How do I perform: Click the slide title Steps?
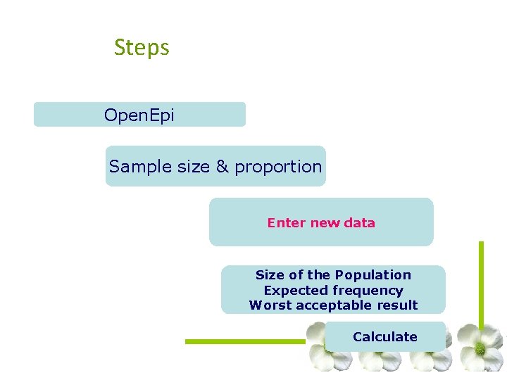(142, 48)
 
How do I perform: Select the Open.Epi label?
(139, 115)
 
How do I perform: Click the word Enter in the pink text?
(287, 223)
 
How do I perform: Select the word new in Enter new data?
(325, 223)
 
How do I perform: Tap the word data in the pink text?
(360, 223)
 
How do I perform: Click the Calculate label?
(385, 337)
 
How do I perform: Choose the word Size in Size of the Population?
(270, 275)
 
